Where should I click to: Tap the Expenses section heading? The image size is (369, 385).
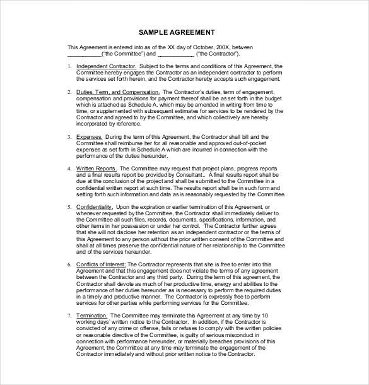pyautogui.click(x=88, y=136)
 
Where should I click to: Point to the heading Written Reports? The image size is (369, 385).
pyautogui.click(x=96, y=169)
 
